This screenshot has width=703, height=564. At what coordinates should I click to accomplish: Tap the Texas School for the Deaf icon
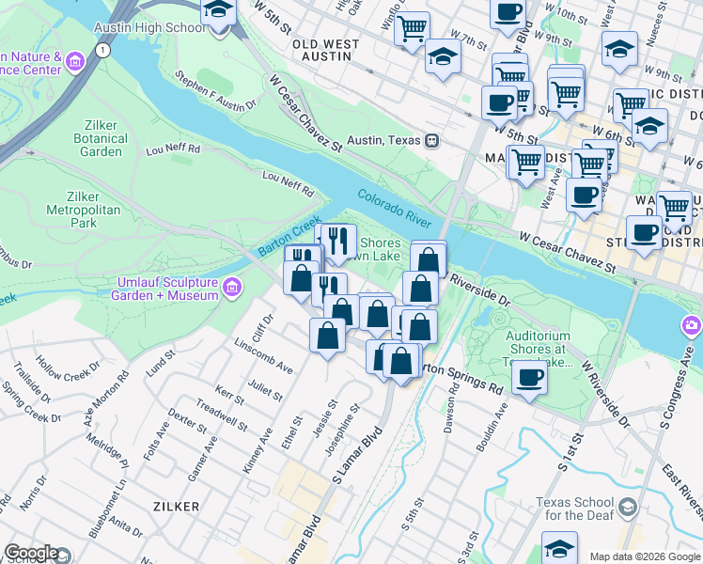tap(628, 509)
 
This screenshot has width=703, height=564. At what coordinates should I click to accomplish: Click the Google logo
tap(31, 553)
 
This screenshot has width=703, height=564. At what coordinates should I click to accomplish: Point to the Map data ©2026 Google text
tap(644, 556)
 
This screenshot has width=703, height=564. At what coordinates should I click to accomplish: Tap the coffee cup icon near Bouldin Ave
tap(530, 377)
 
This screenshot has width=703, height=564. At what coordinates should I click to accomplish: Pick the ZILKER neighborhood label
tap(177, 506)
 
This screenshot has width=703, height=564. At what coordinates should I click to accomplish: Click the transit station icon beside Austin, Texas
tap(431, 140)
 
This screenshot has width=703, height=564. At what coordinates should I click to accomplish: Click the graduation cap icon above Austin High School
tap(219, 11)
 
